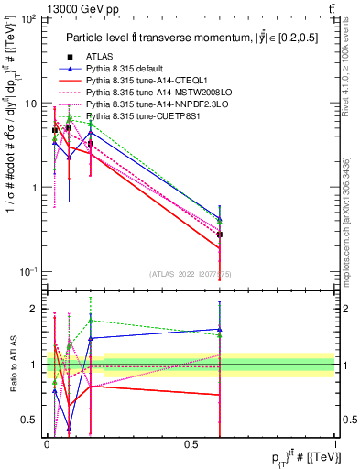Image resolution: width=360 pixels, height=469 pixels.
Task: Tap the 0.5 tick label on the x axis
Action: click(x=191, y=443)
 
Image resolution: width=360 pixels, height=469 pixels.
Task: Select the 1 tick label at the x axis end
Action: click(x=335, y=443)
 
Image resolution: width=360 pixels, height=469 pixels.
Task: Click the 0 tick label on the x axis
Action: click(x=47, y=443)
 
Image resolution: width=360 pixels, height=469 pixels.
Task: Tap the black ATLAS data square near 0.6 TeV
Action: click(x=219, y=234)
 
